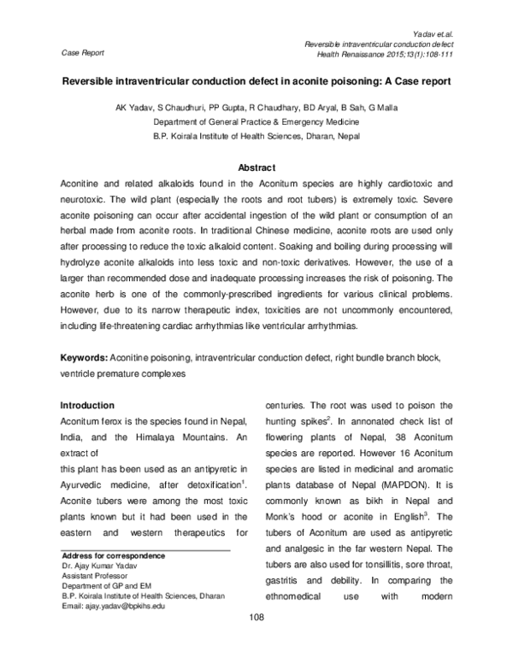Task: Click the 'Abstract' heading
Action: [x=256, y=167]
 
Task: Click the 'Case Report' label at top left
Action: [x=84, y=52]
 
